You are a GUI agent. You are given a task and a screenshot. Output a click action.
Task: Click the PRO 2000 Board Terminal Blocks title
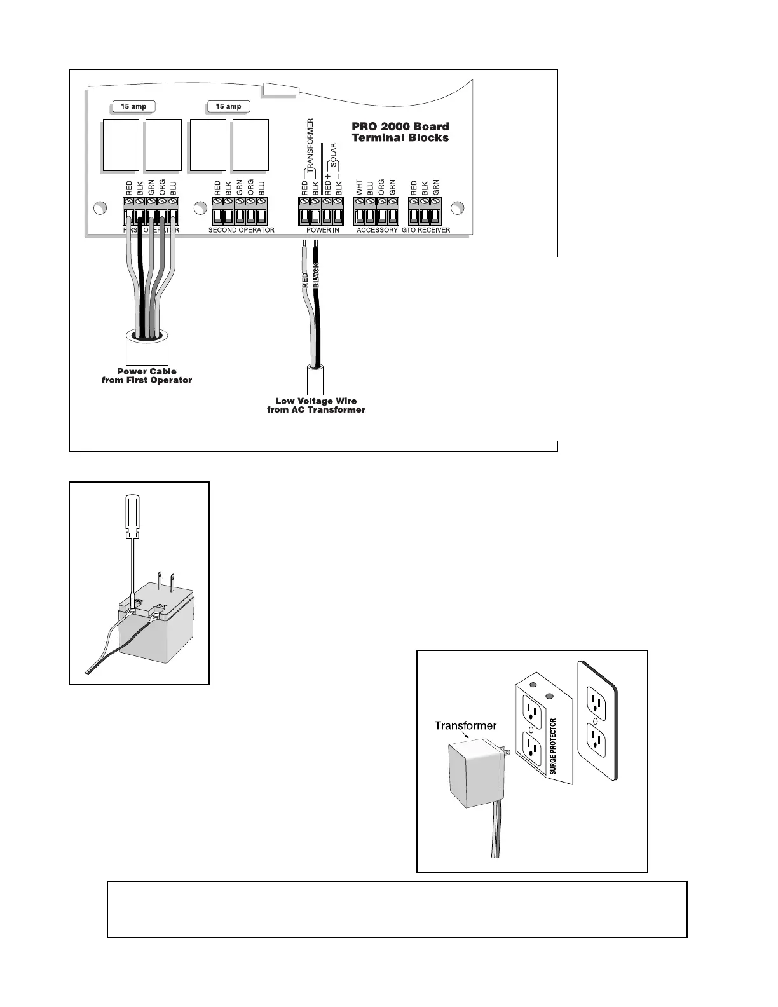click(x=400, y=132)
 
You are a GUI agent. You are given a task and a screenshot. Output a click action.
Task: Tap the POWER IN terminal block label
click(x=322, y=230)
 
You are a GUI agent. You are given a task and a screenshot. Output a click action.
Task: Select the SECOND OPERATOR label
click(x=242, y=230)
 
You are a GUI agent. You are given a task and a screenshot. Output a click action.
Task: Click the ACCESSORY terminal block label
click(x=377, y=230)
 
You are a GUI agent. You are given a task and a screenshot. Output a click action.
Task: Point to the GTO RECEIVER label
click(x=426, y=230)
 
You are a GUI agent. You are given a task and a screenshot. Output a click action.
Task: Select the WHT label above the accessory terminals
click(x=359, y=188)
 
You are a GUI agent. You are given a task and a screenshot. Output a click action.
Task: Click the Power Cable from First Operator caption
click(x=147, y=376)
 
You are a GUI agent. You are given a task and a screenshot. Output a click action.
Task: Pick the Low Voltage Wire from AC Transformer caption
click(x=316, y=406)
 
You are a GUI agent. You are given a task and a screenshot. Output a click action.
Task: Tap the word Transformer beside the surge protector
click(x=465, y=725)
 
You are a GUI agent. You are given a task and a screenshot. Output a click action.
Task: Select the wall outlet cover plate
click(x=597, y=721)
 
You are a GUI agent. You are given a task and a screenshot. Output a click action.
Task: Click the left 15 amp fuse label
click(x=133, y=106)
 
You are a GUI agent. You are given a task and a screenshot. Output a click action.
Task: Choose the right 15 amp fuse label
click(x=228, y=106)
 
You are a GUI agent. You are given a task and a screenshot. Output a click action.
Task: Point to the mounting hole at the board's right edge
click(x=456, y=208)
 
